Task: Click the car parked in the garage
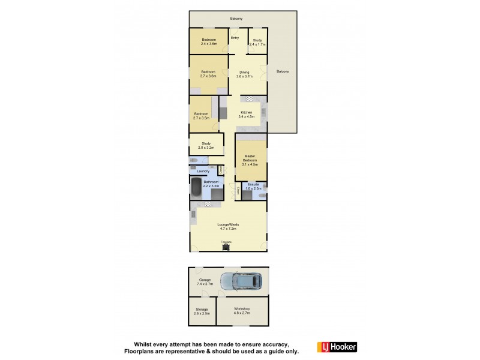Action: click(242, 281)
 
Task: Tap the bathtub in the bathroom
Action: click(196, 189)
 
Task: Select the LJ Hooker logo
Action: click(337, 347)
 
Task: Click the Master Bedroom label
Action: click(250, 159)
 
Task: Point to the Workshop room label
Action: click(242, 310)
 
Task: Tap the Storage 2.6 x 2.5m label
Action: click(201, 312)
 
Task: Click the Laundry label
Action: click(203, 171)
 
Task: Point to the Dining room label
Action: click(244, 74)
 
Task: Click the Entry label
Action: click(235, 38)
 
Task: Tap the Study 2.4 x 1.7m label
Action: click(257, 43)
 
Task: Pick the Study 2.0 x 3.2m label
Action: click(206, 145)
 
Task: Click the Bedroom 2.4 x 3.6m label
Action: click(208, 42)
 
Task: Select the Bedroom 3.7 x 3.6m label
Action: click(208, 74)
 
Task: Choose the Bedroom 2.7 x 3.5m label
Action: click(201, 116)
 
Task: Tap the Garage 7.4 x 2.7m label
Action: click(206, 281)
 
